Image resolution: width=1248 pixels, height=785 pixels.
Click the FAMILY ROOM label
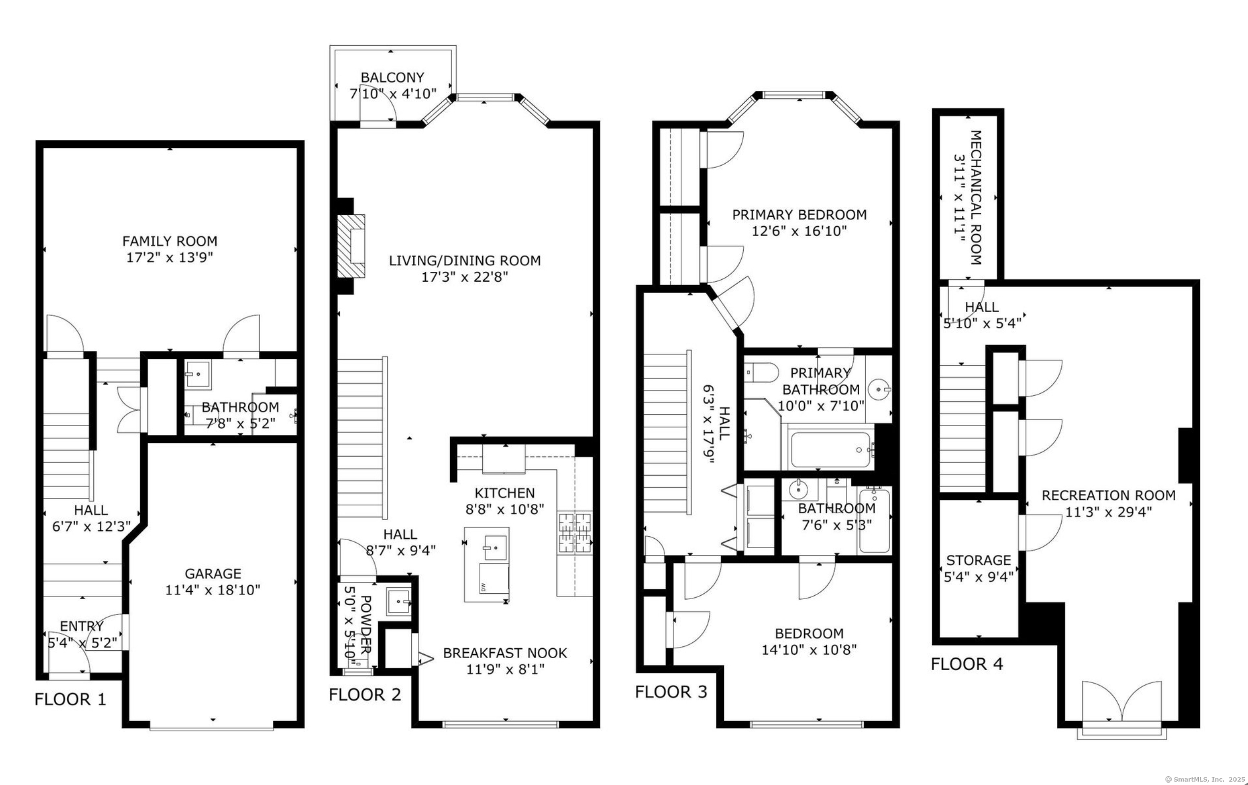(x=170, y=241)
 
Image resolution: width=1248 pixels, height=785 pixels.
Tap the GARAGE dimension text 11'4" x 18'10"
(x=212, y=590)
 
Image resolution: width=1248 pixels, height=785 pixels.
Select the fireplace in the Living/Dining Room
(x=351, y=246)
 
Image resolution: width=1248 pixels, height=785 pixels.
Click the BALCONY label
(x=392, y=77)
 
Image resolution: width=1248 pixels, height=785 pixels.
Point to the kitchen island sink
(x=495, y=547)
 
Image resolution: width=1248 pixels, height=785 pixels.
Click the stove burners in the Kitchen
(x=575, y=533)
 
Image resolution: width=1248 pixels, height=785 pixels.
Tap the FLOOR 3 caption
(x=671, y=692)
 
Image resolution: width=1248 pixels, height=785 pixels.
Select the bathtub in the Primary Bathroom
(x=831, y=450)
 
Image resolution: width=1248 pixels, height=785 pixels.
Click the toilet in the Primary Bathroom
(x=761, y=372)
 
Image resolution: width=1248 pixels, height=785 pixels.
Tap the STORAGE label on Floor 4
(x=979, y=560)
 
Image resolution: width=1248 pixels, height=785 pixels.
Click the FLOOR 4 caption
(x=967, y=664)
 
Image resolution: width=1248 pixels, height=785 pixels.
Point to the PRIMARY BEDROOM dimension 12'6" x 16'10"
(x=799, y=231)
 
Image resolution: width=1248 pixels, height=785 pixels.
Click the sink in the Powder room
(x=399, y=602)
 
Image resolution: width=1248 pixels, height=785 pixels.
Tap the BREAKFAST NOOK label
(x=505, y=653)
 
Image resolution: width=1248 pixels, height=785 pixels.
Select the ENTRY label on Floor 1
(x=82, y=626)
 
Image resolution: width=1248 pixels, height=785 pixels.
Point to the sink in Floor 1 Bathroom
(x=198, y=374)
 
